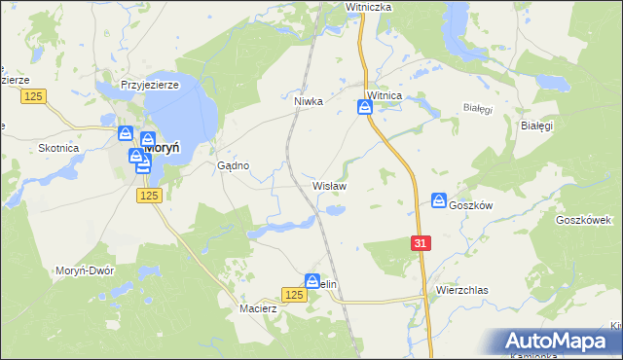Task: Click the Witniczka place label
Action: [x=368, y=7]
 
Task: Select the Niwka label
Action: [x=308, y=99]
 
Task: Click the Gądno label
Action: [x=234, y=166]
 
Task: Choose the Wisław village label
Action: [x=329, y=184]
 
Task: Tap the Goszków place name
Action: [x=472, y=205]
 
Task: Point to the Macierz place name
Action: [x=259, y=308]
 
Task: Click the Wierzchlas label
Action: [x=461, y=290]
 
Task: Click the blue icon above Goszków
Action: [x=439, y=200]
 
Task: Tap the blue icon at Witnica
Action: [x=365, y=107]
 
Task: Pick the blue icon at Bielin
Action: [x=312, y=279]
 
